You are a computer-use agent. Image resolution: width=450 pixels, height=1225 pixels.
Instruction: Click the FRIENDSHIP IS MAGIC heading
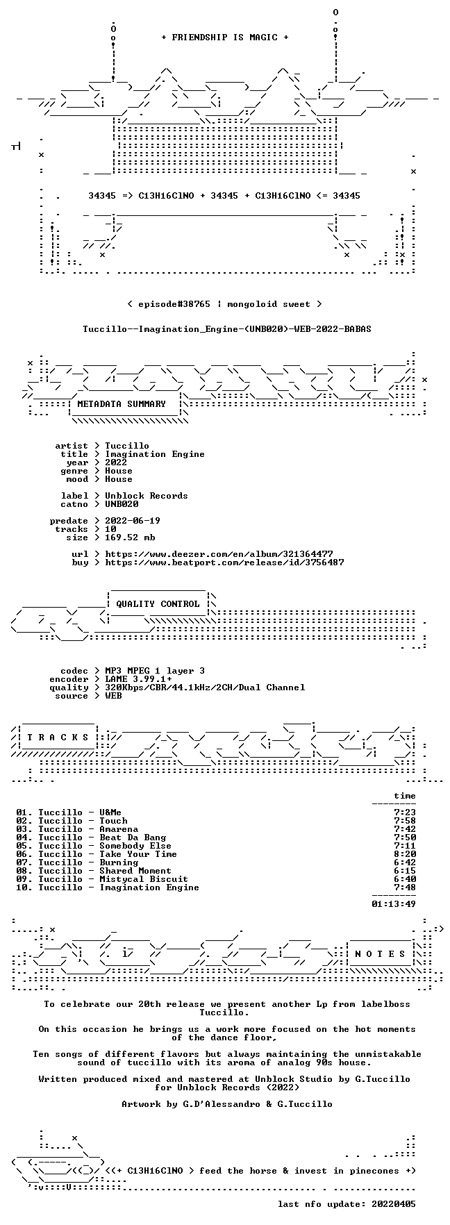coord(224,37)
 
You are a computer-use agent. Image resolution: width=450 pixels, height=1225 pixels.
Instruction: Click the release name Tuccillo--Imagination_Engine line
coord(227,328)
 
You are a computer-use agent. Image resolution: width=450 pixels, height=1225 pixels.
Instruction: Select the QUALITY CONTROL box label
coord(158,604)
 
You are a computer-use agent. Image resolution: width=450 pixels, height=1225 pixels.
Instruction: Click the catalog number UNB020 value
coord(122,504)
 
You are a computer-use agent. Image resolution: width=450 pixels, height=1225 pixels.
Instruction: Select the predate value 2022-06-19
coord(133,521)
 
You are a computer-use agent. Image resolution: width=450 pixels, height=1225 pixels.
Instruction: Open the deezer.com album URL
coord(219,554)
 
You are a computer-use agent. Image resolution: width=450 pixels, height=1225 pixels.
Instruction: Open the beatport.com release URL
coord(224,562)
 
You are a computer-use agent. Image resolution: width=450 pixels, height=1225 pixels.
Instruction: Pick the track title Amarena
coord(119,829)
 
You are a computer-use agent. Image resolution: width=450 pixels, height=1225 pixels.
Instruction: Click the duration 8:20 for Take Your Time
coord(405,854)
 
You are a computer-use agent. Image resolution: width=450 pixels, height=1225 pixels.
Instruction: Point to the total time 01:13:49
coord(394,904)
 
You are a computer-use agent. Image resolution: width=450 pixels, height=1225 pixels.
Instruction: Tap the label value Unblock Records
coord(147,496)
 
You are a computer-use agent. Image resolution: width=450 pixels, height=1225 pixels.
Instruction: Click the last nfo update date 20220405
coord(394,1204)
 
